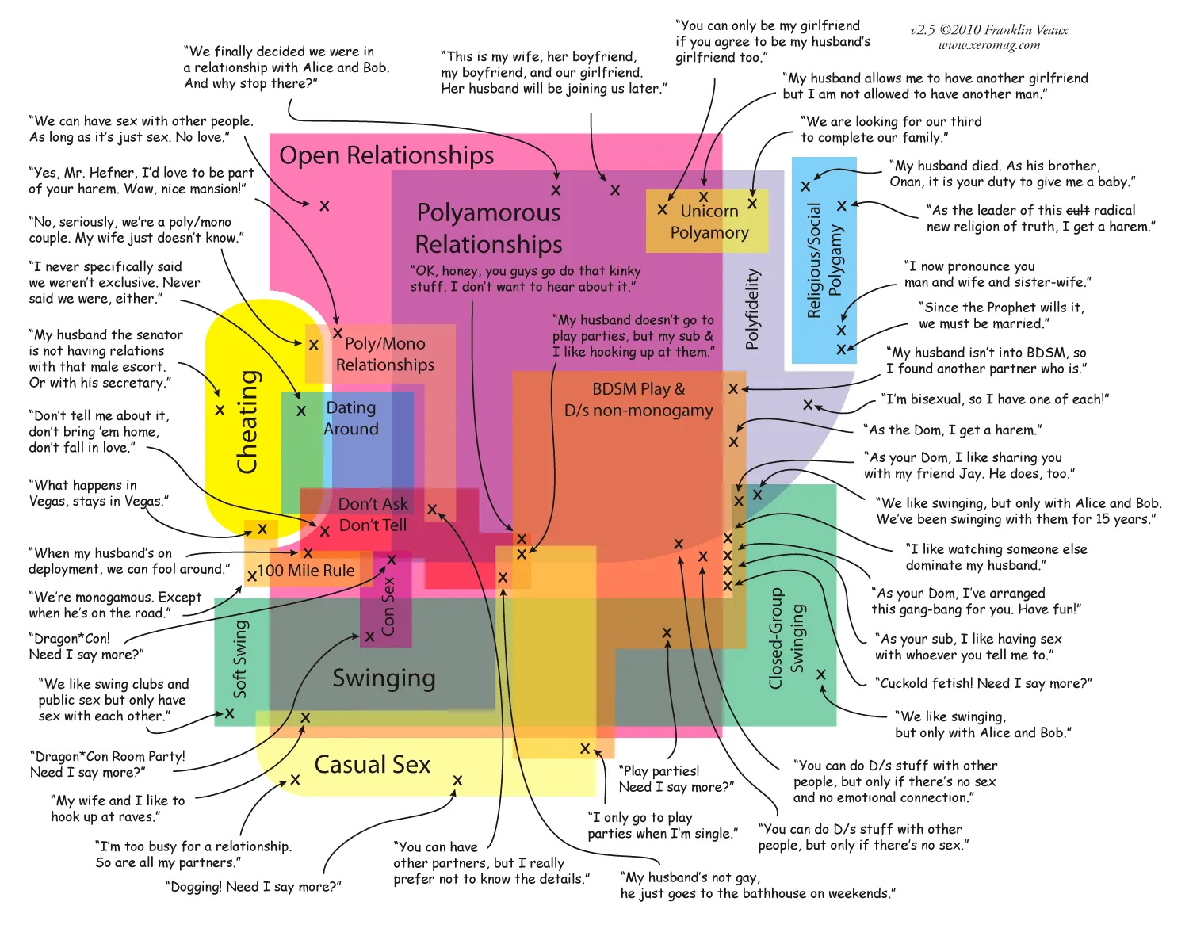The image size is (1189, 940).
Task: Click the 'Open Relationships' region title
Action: pyautogui.click(x=386, y=155)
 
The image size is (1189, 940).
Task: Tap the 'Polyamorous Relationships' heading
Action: pyautogui.click(x=488, y=228)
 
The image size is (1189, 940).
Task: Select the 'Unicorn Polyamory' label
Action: pyautogui.click(x=709, y=222)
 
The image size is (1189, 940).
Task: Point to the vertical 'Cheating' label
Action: pyautogui.click(x=248, y=422)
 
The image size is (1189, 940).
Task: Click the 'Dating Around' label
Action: pyautogui.click(x=351, y=418)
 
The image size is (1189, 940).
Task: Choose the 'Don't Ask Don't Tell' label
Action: pyautogui.click(x=373, y=514)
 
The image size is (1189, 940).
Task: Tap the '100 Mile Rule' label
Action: pyautogui.click(x=306, y=571)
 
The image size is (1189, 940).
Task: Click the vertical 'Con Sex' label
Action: pyautogui.click(x=388, y=606)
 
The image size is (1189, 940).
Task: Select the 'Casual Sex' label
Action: pyautogui.click(x=372, y=765)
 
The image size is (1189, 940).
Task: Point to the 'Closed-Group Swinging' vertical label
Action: pyautogui.click(x=787, y=638)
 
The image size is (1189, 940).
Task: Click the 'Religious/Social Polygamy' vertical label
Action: pyautogui.click(x=824, y=260)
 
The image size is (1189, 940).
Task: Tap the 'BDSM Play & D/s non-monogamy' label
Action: pyautogui.click(x=638, y=399)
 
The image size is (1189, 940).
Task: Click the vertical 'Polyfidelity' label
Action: pyautogui.click(x=752, y=309)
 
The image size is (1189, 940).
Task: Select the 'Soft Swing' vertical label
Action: pyautogui.click(x=240, y=659)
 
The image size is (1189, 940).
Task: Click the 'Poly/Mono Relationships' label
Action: pyautogui.click(x=384, y=354)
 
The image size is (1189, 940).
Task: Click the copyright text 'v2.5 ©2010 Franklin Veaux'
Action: pyautogui.click(x=988, y=30)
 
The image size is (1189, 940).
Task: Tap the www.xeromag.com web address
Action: pyautogui.click(x=988, y=46)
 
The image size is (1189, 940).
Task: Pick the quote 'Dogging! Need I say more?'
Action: pyautogui.click(x=253, y=887)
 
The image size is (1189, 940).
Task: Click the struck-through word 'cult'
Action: pyautogui.click(x=1077, y=210)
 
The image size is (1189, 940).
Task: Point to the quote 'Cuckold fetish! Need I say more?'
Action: pyautogui.click(x=983, y=683)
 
